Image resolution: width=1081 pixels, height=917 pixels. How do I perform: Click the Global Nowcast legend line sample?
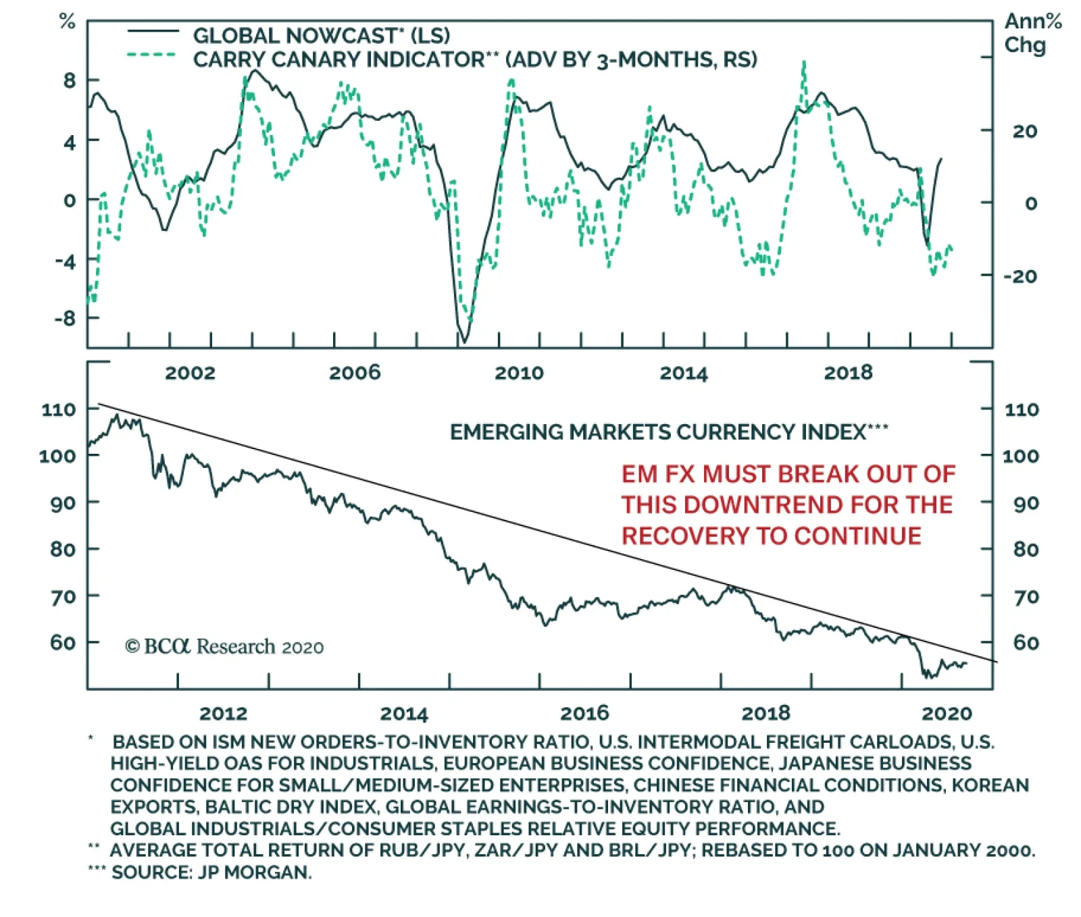pyautogui.click(x=153, y=32)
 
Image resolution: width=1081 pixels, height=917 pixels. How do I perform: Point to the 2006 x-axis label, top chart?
pyautogui.click(x=355, y=373)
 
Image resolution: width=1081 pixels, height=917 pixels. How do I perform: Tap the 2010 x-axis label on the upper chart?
pyautogui.click(x=519, y=373)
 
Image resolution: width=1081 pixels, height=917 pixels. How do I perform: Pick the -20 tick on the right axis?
pyautogui.click(x=1020, y=276)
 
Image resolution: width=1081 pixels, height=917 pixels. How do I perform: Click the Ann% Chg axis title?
pyautogui.click(x=1032, y=33)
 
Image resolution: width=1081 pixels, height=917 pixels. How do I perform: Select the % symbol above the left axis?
pyautogui.click(x=67, y=22)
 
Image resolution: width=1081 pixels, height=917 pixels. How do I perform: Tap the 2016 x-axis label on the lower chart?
pyautogui.click(x=584, y=713)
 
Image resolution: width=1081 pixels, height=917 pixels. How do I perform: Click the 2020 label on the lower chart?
pyautogui.click(x=947, y=713)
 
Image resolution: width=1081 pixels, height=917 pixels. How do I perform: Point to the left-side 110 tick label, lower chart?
pyautogui.click(x=59, y=409)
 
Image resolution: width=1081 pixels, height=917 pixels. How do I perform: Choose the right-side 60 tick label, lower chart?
pyautogui.click(x=1026, y=642)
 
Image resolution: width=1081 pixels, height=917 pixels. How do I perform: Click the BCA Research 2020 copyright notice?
pyautogui.click(x=224, y=647)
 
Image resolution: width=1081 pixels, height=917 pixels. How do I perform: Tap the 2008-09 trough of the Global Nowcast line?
pyautogui.click(x=464, y=342)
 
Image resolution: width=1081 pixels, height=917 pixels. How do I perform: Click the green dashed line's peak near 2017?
pyautogui.click(x=803, y=63)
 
